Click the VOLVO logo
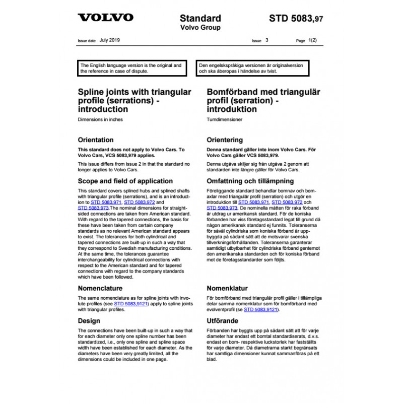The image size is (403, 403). click(105, 18)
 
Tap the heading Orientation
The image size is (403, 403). click(96, 140)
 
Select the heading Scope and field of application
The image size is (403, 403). click(125, 181)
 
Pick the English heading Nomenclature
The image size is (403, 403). click(100, 289)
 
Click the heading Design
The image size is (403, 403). click(89, 320)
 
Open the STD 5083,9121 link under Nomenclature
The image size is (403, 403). click(129, 305)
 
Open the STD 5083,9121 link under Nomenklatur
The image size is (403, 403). click(260, 309)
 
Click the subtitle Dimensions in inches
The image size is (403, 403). click(100, 119)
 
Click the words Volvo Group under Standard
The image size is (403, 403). click(200, 28)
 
